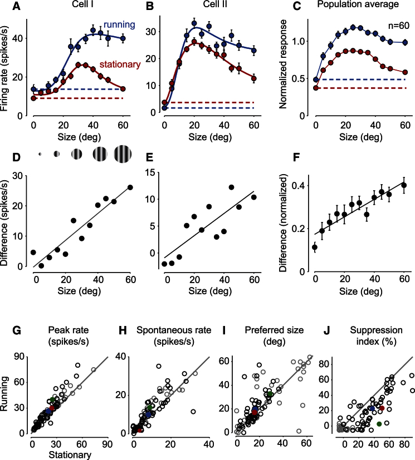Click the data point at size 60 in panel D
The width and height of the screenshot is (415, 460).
pos(130,187)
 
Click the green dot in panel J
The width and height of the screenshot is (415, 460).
pos(379,424)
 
